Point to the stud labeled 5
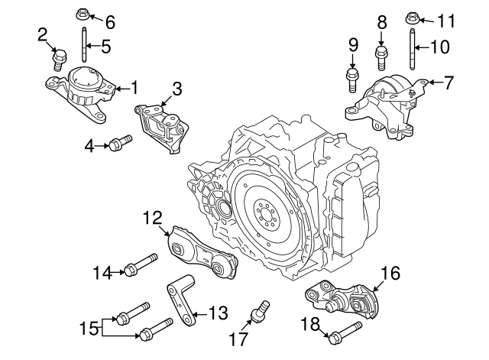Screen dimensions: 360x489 (82, 46)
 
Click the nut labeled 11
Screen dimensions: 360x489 (411, 15)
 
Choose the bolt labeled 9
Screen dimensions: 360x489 (353, 77)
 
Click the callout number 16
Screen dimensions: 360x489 (390, 273)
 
